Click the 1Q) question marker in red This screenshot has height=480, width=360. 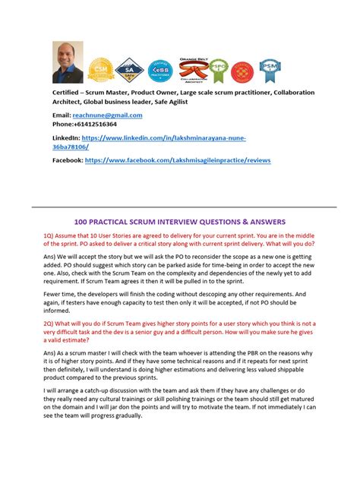[x=52, y=235]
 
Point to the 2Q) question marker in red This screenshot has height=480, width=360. [x=52, y=323]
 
